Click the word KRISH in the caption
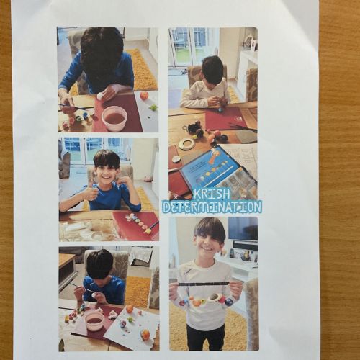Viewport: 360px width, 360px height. [x=212, y=194]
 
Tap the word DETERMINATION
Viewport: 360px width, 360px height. [x=212, y=207]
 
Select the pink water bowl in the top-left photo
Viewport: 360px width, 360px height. [x=114, y=118]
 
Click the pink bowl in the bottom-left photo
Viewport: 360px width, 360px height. [x=95, y=321]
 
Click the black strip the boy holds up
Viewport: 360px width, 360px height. [x=204, y=284]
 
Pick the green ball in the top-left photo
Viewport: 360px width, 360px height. [x=153, y=107]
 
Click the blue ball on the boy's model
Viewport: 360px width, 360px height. [x=229, y=302]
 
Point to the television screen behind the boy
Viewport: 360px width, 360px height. [x=243, y=228]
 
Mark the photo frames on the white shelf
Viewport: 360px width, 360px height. [x=250, y=43]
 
